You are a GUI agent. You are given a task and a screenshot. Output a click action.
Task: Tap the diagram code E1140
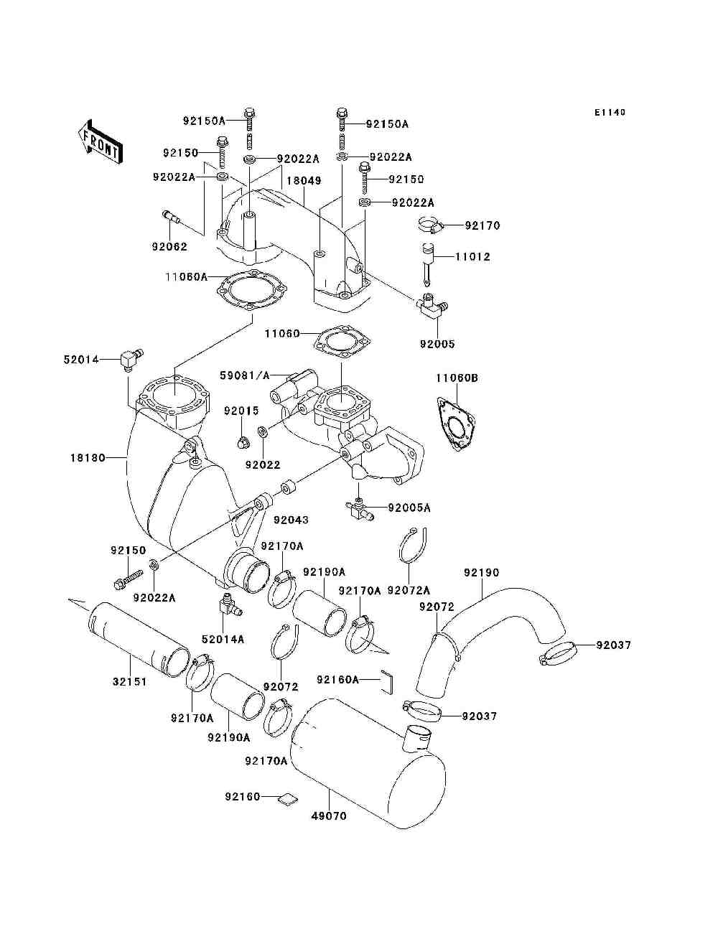(610, 113)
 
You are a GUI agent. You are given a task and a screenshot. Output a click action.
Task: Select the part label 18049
(305, 181)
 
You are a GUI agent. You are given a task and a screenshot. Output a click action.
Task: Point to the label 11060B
(457, 378)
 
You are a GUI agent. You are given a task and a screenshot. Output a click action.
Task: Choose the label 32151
(129, 681)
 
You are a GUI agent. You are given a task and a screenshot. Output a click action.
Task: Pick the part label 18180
(88, 457)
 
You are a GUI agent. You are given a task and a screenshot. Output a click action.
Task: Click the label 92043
(290, 519)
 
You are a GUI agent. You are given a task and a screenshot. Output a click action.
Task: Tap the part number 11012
(472, 256)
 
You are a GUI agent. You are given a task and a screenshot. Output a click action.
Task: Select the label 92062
(169, 247)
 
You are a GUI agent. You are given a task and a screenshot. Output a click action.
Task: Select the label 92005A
(409, 508)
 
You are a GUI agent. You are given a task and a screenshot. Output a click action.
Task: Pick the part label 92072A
(409, 590)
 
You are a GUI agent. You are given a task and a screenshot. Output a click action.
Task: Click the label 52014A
(223, 639)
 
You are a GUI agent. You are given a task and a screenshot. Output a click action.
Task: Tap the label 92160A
(337, 679)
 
